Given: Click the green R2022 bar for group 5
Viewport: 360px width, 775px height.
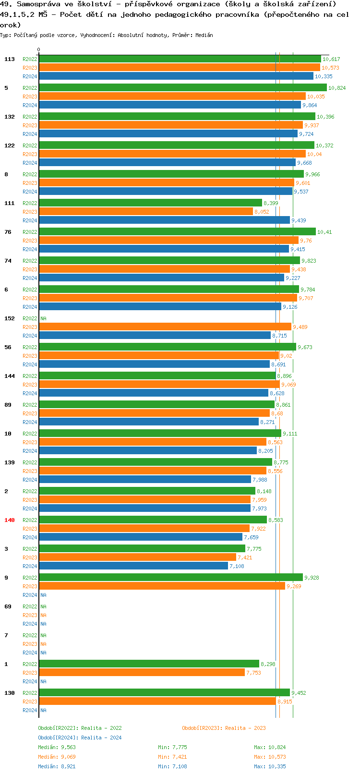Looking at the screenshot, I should coord(182,88).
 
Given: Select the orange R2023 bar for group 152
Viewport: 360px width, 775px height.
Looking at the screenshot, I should coord(165,327).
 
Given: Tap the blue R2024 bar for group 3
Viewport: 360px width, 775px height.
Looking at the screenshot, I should coord(133,566).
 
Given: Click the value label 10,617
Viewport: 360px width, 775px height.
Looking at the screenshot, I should coord(331,59).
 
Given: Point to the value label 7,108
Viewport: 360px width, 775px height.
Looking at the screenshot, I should coord(237,566).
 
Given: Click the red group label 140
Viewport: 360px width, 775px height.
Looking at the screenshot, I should coord(10,520).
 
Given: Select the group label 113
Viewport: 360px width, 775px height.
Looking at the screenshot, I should coord(10,59).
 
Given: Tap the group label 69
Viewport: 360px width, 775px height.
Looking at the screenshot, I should coord(8,606).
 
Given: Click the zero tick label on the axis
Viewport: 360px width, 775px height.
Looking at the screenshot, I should coord(39,49).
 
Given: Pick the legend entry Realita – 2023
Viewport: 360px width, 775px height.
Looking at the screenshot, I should coord(224,728).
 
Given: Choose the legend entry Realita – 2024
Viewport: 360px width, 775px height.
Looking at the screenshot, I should coord(80,738).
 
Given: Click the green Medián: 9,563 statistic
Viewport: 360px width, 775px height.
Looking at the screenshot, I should coord(57,747).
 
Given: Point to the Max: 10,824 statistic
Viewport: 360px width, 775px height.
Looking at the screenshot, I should coord(270,747).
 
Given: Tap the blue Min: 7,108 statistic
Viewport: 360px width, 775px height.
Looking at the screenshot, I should coord(172,766).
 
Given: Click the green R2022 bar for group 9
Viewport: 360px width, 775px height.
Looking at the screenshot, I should coord(171,578).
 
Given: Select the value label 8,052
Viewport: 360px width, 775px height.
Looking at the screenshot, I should coord(262,212).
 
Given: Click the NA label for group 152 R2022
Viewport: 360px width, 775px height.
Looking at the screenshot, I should coord(43,318).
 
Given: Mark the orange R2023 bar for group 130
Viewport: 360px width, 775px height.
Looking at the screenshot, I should coord(157,702).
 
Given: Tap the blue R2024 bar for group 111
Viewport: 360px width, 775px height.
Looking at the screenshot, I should coord(164,220).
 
